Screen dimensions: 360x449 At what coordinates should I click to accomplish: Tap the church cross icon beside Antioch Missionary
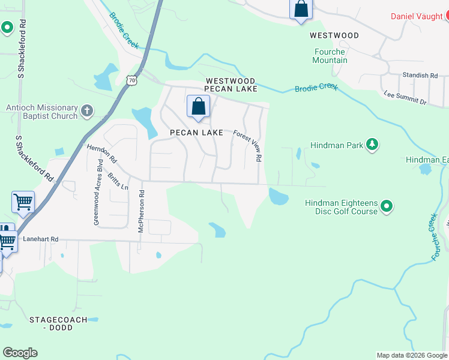tap(87, 110)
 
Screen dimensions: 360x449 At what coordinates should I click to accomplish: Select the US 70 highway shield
tap(132, 80)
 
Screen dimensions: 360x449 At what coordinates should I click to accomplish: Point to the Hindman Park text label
tap(337, 145)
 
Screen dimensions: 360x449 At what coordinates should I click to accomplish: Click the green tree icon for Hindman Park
tap(373, 144)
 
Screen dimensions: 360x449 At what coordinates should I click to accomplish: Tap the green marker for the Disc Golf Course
tap(387, 207)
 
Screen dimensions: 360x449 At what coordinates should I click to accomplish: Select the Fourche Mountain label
tap(330, 56)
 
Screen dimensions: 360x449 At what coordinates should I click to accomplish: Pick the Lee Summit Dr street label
tap(405, 98)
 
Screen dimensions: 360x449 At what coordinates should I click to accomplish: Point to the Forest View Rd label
tap(248, 146)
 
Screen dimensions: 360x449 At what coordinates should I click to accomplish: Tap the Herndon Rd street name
tap(101, 154)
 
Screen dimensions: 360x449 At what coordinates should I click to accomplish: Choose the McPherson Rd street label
tap(142, 212)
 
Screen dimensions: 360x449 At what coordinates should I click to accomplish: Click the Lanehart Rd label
tap(40, 239)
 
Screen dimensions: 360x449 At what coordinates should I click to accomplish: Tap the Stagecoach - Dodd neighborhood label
tap(58, 324)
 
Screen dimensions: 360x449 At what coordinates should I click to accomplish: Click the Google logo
tap(20, 353)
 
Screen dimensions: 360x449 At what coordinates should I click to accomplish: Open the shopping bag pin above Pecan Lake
tap(198, 107)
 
